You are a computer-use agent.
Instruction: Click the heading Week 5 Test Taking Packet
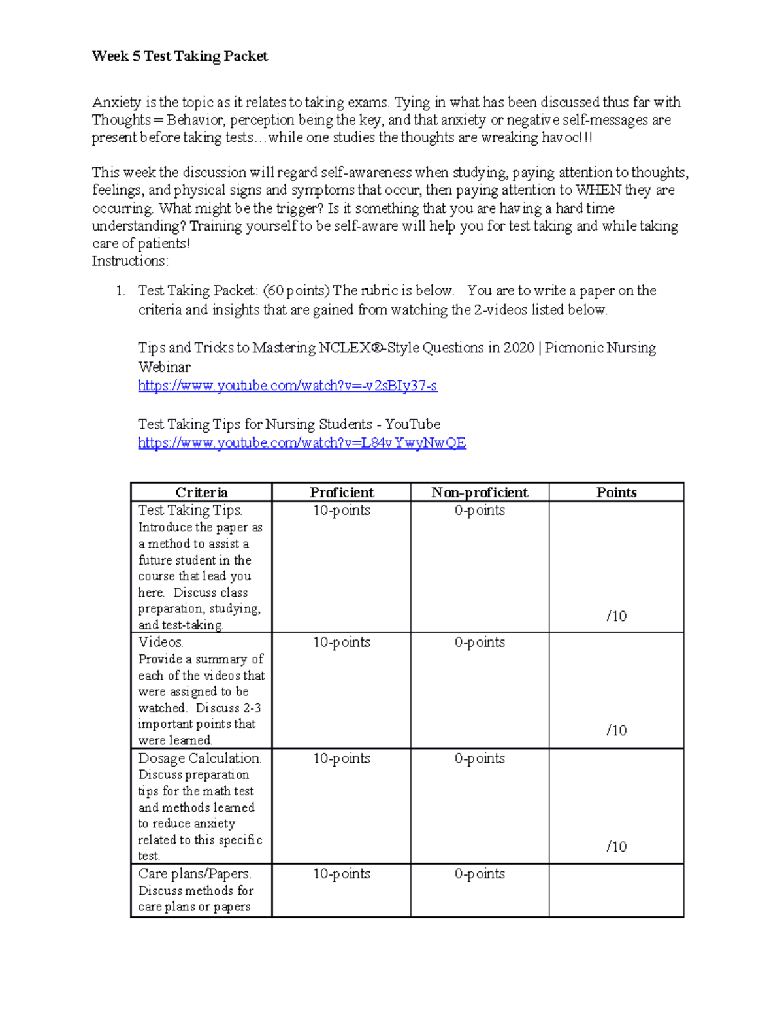[180, 56]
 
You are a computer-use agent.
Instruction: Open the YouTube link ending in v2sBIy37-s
[287, 386]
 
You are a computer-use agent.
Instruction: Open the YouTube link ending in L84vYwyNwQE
[302, 443]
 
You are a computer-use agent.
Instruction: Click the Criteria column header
[201, 492]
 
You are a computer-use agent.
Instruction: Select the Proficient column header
[341, 492]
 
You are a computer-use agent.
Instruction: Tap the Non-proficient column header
[480, 492]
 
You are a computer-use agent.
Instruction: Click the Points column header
[616, 492]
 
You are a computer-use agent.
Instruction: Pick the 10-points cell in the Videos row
[341, 642]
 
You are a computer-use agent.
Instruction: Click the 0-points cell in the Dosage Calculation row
[480, 758]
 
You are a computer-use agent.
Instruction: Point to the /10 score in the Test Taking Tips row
[616, 616]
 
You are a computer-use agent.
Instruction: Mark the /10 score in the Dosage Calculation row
[616, 846]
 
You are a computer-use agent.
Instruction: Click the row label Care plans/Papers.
[195, 874]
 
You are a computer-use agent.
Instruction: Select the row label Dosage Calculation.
[199, 758]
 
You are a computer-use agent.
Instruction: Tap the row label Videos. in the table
[160, 642]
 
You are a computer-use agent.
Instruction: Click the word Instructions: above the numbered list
[130, 261]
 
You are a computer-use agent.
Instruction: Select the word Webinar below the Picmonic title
[164, 367]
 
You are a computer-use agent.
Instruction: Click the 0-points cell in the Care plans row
[480, 874]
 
